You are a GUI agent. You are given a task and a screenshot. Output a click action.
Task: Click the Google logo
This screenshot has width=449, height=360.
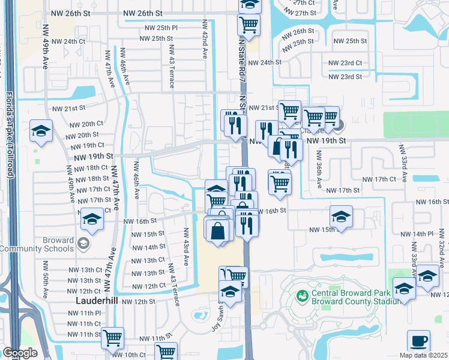(19, 352)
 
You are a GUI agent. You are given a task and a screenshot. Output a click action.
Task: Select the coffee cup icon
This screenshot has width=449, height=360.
(418, 341)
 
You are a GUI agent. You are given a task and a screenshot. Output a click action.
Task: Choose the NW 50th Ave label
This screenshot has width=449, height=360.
(44, 279)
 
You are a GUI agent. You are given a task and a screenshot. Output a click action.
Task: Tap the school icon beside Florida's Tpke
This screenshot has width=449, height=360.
(41, 131)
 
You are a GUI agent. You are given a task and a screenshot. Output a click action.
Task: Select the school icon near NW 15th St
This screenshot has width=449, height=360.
(341, 217)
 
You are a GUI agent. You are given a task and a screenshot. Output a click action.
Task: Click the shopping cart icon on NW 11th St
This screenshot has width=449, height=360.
(112, 338)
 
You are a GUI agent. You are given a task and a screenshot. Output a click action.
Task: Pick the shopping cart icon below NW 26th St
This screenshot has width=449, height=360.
(249, 25)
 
